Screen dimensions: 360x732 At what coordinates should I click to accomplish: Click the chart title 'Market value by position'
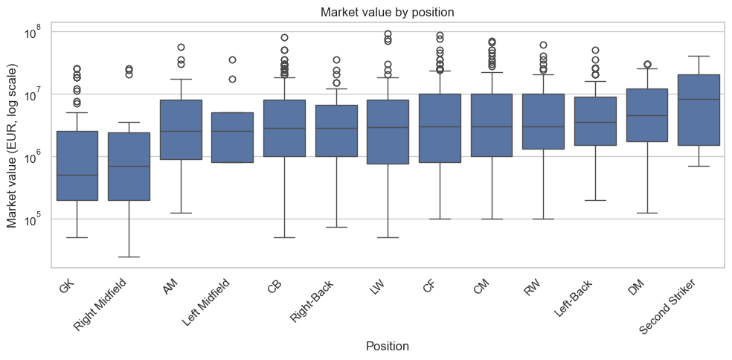tap(388, 13)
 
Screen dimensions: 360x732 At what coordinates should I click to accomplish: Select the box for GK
tap(77, 165)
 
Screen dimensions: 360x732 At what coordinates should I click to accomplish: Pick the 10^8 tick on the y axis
tap(36, 32)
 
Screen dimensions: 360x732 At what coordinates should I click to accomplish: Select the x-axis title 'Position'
tap(388, 346)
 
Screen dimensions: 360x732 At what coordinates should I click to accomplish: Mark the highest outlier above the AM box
tap(181, 48)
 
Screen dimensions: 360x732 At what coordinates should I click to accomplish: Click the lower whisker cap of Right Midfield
tap(129, 257)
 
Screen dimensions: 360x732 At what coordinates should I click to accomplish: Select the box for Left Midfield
tap(232, 137)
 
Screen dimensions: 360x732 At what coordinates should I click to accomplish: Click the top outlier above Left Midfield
tap(232, 60)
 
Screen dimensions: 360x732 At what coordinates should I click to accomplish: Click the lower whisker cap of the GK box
tap(77, 237)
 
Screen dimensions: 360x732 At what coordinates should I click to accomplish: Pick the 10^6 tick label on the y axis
tap(36, 157)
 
